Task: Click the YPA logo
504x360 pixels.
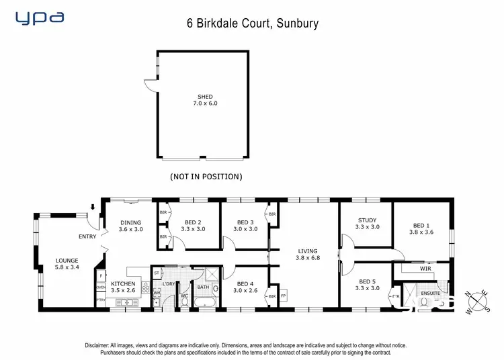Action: [x=40, y=18]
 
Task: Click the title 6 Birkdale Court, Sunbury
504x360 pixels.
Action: [x=252, y=24]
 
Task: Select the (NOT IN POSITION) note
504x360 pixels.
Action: [x=205, y=177]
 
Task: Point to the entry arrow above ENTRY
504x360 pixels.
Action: [x=93, y=207]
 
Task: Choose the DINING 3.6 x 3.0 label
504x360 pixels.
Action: [x=131, y=226]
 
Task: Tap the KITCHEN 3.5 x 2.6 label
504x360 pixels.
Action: [x=123, y=287]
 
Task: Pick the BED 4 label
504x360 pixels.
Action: [x=245, y=287]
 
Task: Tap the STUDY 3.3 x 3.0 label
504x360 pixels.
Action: [x=367, y=224]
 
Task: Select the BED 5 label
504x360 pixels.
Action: [x=367, y=285]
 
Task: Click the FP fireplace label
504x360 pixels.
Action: [x=283, y=296]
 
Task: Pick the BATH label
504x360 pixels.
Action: [x=203, y=288]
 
